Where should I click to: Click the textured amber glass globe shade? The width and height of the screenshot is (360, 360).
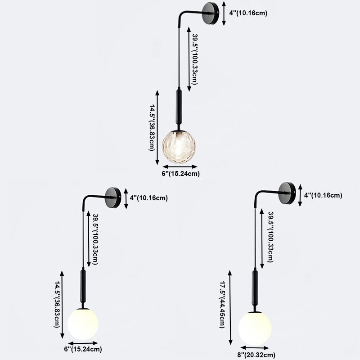click(x=179, y=147)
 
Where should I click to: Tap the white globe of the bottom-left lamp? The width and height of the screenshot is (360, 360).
click(x=83, y=324)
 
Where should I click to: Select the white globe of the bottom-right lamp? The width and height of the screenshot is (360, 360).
click(x=255, y=328)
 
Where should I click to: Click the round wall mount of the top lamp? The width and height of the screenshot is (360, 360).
click(x=211, y=13)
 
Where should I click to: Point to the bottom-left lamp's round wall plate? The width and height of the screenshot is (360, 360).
click(x=113, y=198)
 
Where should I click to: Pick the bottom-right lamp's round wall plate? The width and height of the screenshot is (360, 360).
click(x=287, y=193)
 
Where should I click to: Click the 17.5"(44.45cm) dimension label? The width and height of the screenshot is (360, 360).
click(x=222, y=305)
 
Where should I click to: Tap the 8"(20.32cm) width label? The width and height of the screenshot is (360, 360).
click(x=256, y=355)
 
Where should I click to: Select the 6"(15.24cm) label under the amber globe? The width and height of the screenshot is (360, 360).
click(x=181, y=174)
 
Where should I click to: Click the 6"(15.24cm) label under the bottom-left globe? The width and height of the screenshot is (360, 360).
click(x=83, y=349)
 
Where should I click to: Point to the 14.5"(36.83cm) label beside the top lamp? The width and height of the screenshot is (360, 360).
click(x=152, y=128)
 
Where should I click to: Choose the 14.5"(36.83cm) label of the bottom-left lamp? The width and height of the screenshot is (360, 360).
click(x=57, y=305)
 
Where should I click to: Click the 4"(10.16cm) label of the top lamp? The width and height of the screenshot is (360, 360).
click(x=248, y=13)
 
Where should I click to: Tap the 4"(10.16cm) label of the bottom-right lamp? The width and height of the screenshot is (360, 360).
click(x=323, y=195)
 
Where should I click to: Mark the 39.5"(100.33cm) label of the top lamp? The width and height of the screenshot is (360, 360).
click(x=195, y=59)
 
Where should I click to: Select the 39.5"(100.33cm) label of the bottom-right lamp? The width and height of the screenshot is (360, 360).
click(x=271, y=237)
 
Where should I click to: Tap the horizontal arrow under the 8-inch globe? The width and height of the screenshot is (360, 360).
click(x=254, y=348)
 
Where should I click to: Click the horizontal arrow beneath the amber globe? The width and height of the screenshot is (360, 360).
click(x=180, y=166)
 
